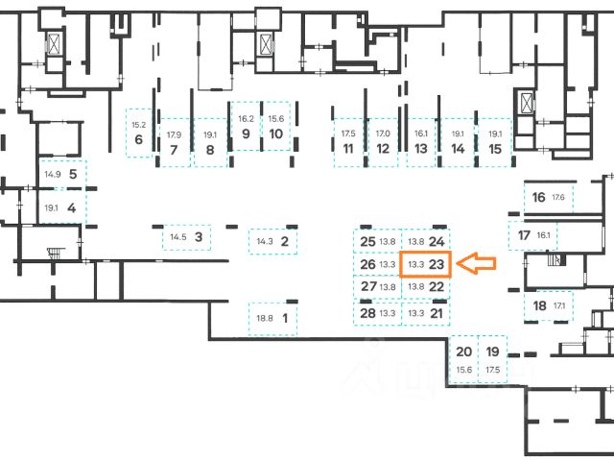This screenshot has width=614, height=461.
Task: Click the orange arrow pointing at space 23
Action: click(x=478, y=263)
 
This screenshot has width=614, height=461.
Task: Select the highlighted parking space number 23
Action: click(x=425, y=264)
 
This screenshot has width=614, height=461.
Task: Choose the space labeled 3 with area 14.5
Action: click(x=187, y=236)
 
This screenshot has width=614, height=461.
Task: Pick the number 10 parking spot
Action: click(x=275, y=133)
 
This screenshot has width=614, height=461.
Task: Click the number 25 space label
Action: click(x=367, y=241)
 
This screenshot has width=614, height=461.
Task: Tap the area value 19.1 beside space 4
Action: click(x=52, y=207)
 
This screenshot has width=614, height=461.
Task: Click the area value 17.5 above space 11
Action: click(x=347, y=133)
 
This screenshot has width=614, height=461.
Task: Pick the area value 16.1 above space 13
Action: click(x=420, y=133)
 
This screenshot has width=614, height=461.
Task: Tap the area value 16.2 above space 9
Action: click(x=245, y=118)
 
